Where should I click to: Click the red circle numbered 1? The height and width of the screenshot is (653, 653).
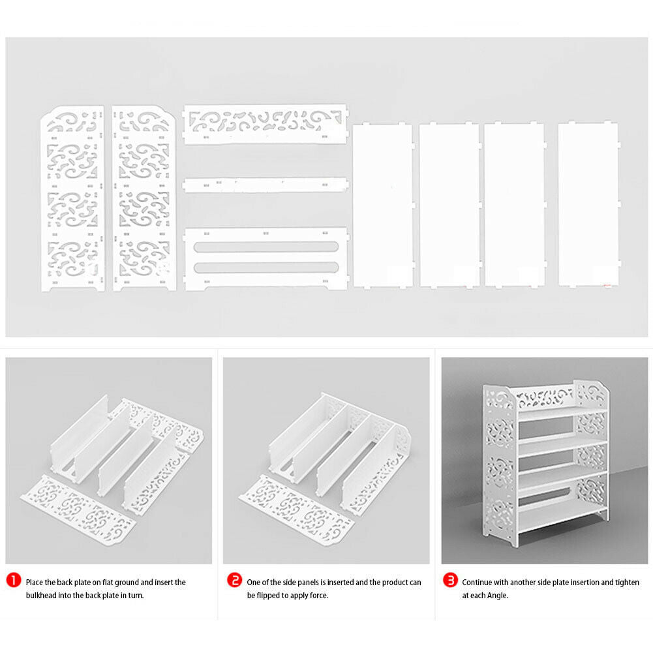click(x=14, y=580)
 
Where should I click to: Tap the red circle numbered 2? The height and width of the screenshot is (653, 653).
click(x=234, y=580)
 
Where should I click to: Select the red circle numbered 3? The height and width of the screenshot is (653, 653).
click(x=450, y=580)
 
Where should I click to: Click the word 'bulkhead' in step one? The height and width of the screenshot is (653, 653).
click(x=41, y=596)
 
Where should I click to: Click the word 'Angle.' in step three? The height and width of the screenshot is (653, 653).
click(x=497, y=596)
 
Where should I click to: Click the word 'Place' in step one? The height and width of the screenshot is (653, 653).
click(x=34, y=582)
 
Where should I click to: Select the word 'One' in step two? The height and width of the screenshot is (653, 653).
click(x=253, y=582)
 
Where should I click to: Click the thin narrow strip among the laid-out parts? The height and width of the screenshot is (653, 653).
click(x=266, y=185)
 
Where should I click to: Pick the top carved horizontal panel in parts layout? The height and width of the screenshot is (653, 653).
click(x=266, y=124)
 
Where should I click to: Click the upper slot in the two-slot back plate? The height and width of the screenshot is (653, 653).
click(x=266, y=247)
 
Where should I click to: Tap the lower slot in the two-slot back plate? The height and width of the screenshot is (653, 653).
click(x=266, y=267)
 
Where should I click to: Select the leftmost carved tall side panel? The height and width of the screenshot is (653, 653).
click(x=73, y=198)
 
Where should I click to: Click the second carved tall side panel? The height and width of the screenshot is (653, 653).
click(x=144, y=198)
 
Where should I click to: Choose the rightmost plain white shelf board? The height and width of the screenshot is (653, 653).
click(x=589, y=205)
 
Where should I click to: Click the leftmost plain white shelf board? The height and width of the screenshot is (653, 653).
click(x=383, y=205)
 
